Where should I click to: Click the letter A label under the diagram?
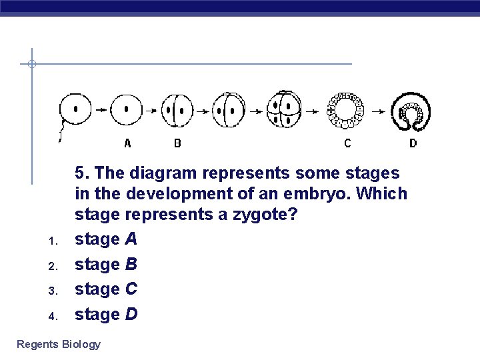pyautogui.click(x=128, y=143)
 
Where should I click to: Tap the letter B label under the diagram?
pyautogui.click(x=177, y=143)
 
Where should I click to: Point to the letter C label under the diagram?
pyautogui.click(x=347, y=143)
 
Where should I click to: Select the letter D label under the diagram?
pyautogui.click(x=413, y=143)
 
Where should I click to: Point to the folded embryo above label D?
pyautogui.click(x=411, y=111)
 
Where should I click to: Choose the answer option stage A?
pyautogui.click(x=105, y=239)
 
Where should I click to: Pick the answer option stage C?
pyautogui.click(x=105, y=289)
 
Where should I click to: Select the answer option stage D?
pyautogui.click(x=105, y=314)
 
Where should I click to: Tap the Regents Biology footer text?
pyautogui.click(x=59, y=345)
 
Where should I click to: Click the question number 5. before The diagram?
pyautogui.click(x=82, y=173)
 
